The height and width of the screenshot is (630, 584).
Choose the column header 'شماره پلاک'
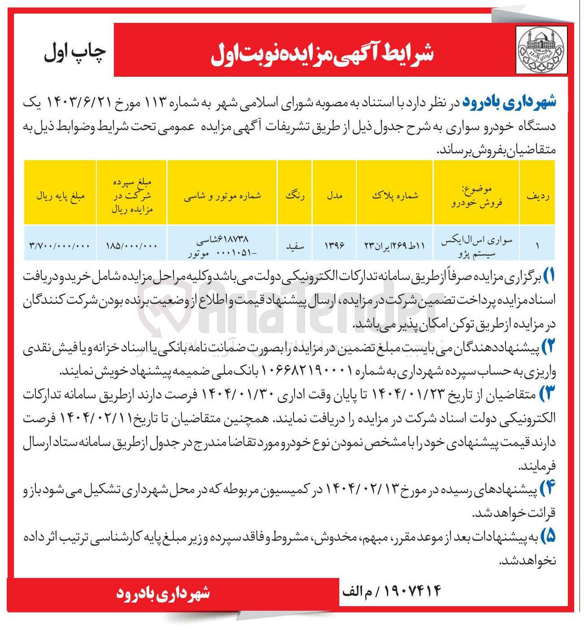(394, 196)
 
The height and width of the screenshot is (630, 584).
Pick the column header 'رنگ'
(294, 196)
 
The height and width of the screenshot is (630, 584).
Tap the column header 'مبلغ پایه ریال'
(60, 196)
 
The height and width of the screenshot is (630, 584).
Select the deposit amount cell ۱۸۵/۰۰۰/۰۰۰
(132, 245)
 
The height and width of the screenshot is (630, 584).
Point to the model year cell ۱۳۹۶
(334, 245)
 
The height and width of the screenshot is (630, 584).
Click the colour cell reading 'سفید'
(295, 246)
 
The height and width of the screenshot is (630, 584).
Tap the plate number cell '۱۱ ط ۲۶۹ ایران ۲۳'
(394, 245)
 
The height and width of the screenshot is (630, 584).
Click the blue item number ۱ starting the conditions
(549, 275)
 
